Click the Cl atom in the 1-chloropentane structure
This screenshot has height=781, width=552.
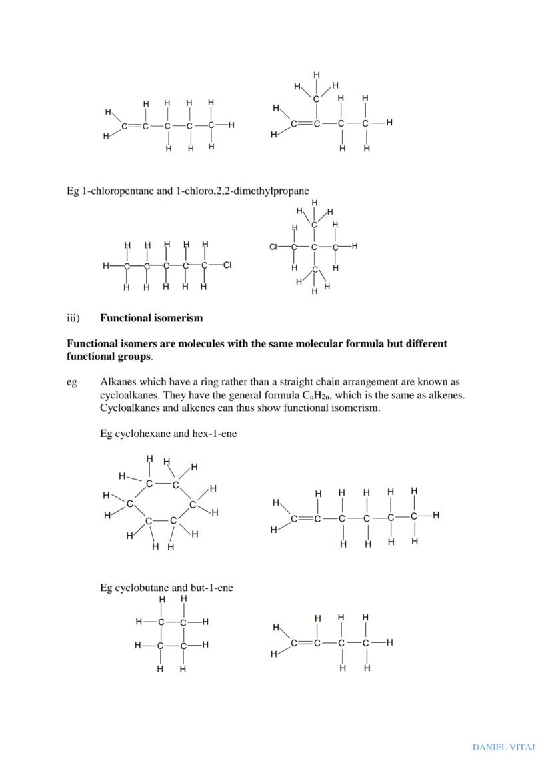point(227,265)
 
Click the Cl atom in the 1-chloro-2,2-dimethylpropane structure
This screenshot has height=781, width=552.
point(273,247)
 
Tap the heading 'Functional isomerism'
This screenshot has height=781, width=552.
point(151,318)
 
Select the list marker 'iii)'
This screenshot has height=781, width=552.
point(73,318)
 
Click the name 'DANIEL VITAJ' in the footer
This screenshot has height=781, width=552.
point(503,747)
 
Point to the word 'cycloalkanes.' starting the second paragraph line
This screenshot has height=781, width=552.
point(129,395)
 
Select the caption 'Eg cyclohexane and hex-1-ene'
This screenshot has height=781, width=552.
point(168,434)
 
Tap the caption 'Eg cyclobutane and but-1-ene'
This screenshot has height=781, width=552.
point(166,588)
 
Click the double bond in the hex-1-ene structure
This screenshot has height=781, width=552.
point(306,516)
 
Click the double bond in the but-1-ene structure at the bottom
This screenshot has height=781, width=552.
point(306,643)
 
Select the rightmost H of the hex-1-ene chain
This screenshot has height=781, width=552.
point(435,515)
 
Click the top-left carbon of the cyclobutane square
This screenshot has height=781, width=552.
point(161,622)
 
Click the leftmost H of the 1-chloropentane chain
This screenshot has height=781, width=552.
point(105,265)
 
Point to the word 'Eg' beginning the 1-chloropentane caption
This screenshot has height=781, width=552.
point(73,191)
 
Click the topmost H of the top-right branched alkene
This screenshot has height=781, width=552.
point(317,75)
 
